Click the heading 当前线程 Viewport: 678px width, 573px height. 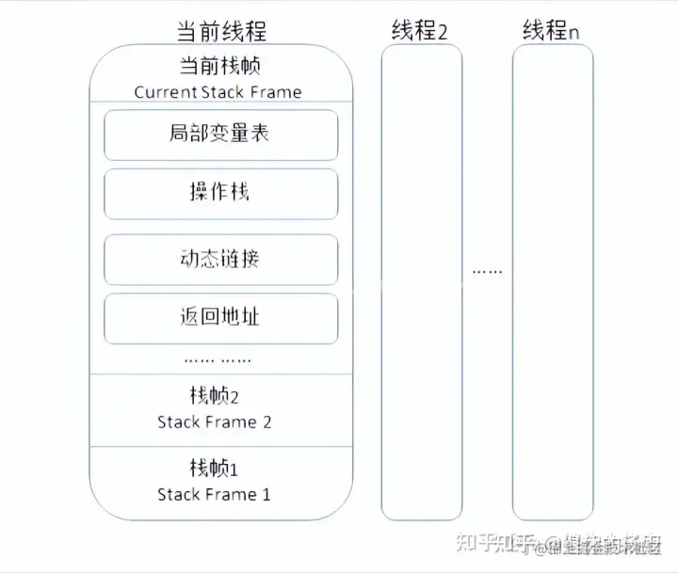[x=221, y=31]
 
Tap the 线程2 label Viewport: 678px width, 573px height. [x=420, y=31]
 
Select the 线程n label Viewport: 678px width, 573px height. [x=551, y=31]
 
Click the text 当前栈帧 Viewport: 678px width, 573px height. [x=219, y=67]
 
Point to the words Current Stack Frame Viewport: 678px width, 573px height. [x=218, y=92]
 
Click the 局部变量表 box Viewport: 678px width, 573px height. [x=220, y=135]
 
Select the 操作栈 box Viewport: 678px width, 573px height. [x=220, y=193]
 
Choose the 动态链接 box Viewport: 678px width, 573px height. [x=220, y=259]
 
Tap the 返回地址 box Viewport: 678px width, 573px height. [x=220, y=318]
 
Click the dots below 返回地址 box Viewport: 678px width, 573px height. [x=218, y=359]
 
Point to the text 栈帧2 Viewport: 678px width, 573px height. [x=215, y=396]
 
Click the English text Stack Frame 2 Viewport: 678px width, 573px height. [x=215, y=422]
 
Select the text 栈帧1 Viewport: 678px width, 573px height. [x=215, y=468]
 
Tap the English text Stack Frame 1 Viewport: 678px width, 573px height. [x=215, y=494]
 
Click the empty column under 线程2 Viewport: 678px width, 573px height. [x=421, y=282]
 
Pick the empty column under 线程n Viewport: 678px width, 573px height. [x=553, y=282]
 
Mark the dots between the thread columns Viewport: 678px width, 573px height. [x=487, y=271]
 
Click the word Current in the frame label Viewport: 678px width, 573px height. [x=166, y=92]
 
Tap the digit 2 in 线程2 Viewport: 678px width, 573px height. [x=442, y=32]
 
